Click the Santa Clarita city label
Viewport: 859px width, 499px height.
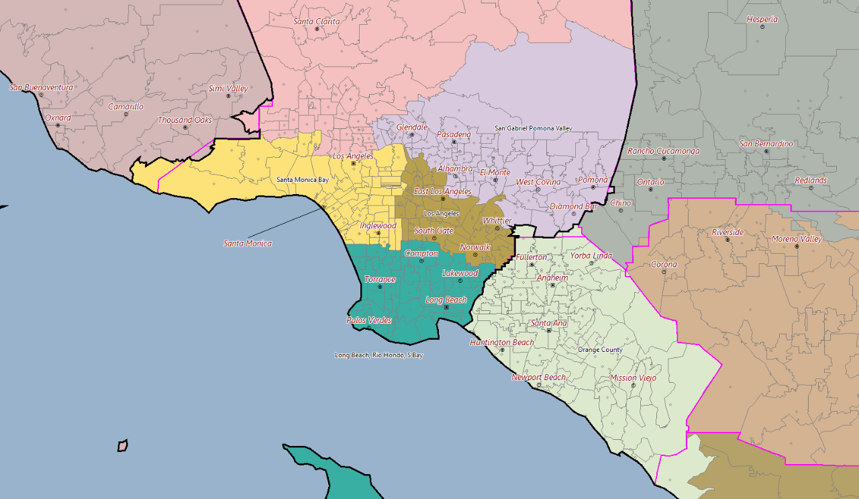click(317, 21)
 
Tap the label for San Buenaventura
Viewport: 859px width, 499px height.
click(41, 87)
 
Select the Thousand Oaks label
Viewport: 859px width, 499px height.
click(185, 120)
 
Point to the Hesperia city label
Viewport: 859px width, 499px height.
click(762, 19)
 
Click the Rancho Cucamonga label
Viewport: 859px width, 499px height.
click(663, 151)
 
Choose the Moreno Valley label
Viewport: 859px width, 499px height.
click(797, 239)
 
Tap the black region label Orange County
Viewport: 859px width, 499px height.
click(600, 350)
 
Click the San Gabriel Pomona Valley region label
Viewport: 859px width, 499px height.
click(534, 128)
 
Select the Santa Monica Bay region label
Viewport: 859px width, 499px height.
click(303, 180)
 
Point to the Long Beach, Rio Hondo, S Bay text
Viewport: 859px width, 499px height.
click(378, 355)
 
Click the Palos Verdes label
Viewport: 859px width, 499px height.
click(368, 320)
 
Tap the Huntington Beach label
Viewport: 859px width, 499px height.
click(502, 343)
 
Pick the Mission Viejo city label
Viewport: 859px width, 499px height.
click(633, 378)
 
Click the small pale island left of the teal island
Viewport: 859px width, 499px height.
click(123, 445)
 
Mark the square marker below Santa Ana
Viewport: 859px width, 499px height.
click(549, 330)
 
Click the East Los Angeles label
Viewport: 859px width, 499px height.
click(442, 191)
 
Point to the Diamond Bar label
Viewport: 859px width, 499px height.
click(574, 206)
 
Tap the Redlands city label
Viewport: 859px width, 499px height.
click(811, 181)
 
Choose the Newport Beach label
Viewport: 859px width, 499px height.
click(538, 377)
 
